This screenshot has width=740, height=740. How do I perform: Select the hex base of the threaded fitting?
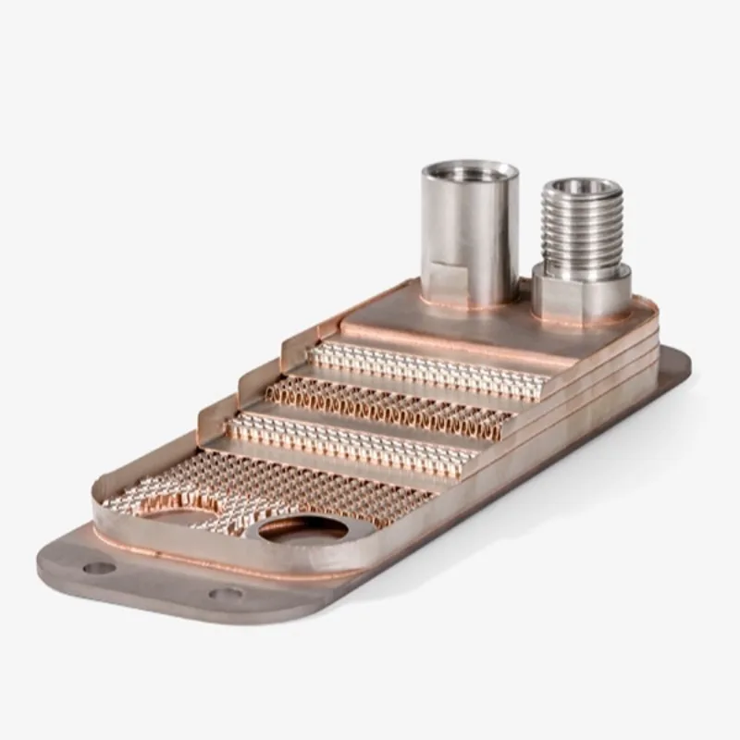[581, 294]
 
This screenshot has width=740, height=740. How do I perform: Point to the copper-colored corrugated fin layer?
[388, 407]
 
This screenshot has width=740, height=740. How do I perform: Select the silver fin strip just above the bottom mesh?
[351, 441]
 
